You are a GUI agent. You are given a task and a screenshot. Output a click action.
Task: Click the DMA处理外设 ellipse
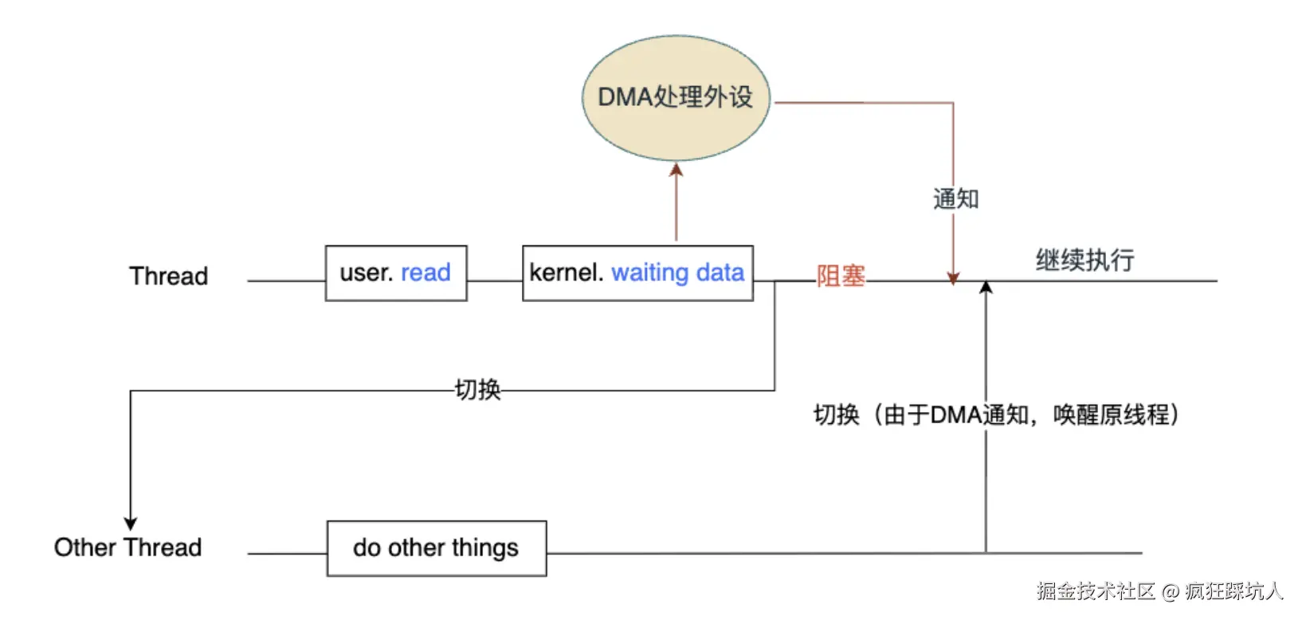pos(676,97)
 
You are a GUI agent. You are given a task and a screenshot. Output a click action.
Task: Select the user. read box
pos(395,273)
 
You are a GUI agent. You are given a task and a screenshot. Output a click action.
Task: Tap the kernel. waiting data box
pos(637,273)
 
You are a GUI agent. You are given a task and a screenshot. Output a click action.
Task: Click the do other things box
pos(436,548)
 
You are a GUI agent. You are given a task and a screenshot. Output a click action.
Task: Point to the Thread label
pos(168,277)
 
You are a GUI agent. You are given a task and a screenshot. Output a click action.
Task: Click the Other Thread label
pos(127,547)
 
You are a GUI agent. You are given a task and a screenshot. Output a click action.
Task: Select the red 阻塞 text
pos(841,276)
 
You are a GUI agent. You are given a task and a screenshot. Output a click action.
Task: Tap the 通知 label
pos(955,199)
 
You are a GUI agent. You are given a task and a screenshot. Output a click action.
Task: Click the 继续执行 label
pos(1084,261)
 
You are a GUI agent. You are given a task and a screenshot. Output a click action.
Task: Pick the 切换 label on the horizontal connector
pos(477,390)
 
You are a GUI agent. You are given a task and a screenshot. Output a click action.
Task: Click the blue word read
pos(426,273)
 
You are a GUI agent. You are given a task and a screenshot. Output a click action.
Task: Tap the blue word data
pos(720,273)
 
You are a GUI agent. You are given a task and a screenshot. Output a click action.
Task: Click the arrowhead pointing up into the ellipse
pos(676,169)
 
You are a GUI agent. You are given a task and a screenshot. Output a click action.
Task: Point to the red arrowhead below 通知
pos(953,278)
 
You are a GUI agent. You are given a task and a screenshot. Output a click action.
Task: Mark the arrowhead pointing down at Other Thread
pos(131,524)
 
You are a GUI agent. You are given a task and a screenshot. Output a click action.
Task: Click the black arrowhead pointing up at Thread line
pos(986,287)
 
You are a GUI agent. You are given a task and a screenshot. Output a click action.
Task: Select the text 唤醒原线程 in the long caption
pos(1111,414)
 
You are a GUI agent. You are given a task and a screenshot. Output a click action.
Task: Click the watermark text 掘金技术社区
pos(1096,591)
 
